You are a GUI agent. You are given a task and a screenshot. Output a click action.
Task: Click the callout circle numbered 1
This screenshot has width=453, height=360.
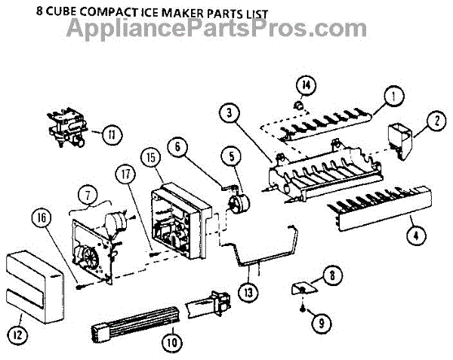[392, 97]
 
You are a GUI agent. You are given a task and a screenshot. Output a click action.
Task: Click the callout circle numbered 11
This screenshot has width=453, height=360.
[112, 136]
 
